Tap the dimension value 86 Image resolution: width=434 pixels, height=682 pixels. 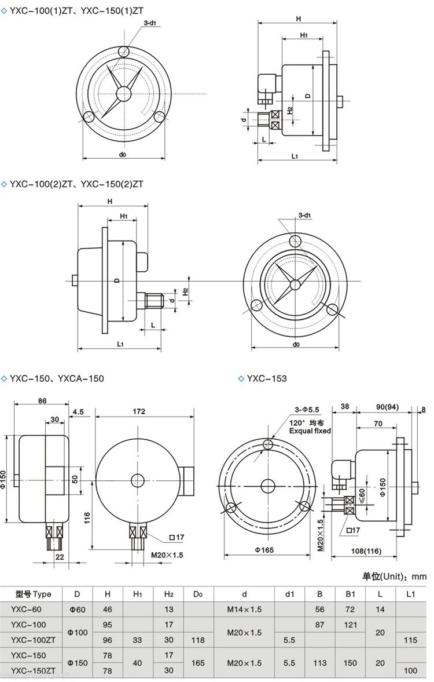42,400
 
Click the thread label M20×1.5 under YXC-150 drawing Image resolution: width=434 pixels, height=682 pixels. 167,555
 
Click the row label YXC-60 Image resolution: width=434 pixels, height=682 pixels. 27,609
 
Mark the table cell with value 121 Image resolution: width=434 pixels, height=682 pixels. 350,625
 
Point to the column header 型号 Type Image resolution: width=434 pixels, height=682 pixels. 34,593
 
